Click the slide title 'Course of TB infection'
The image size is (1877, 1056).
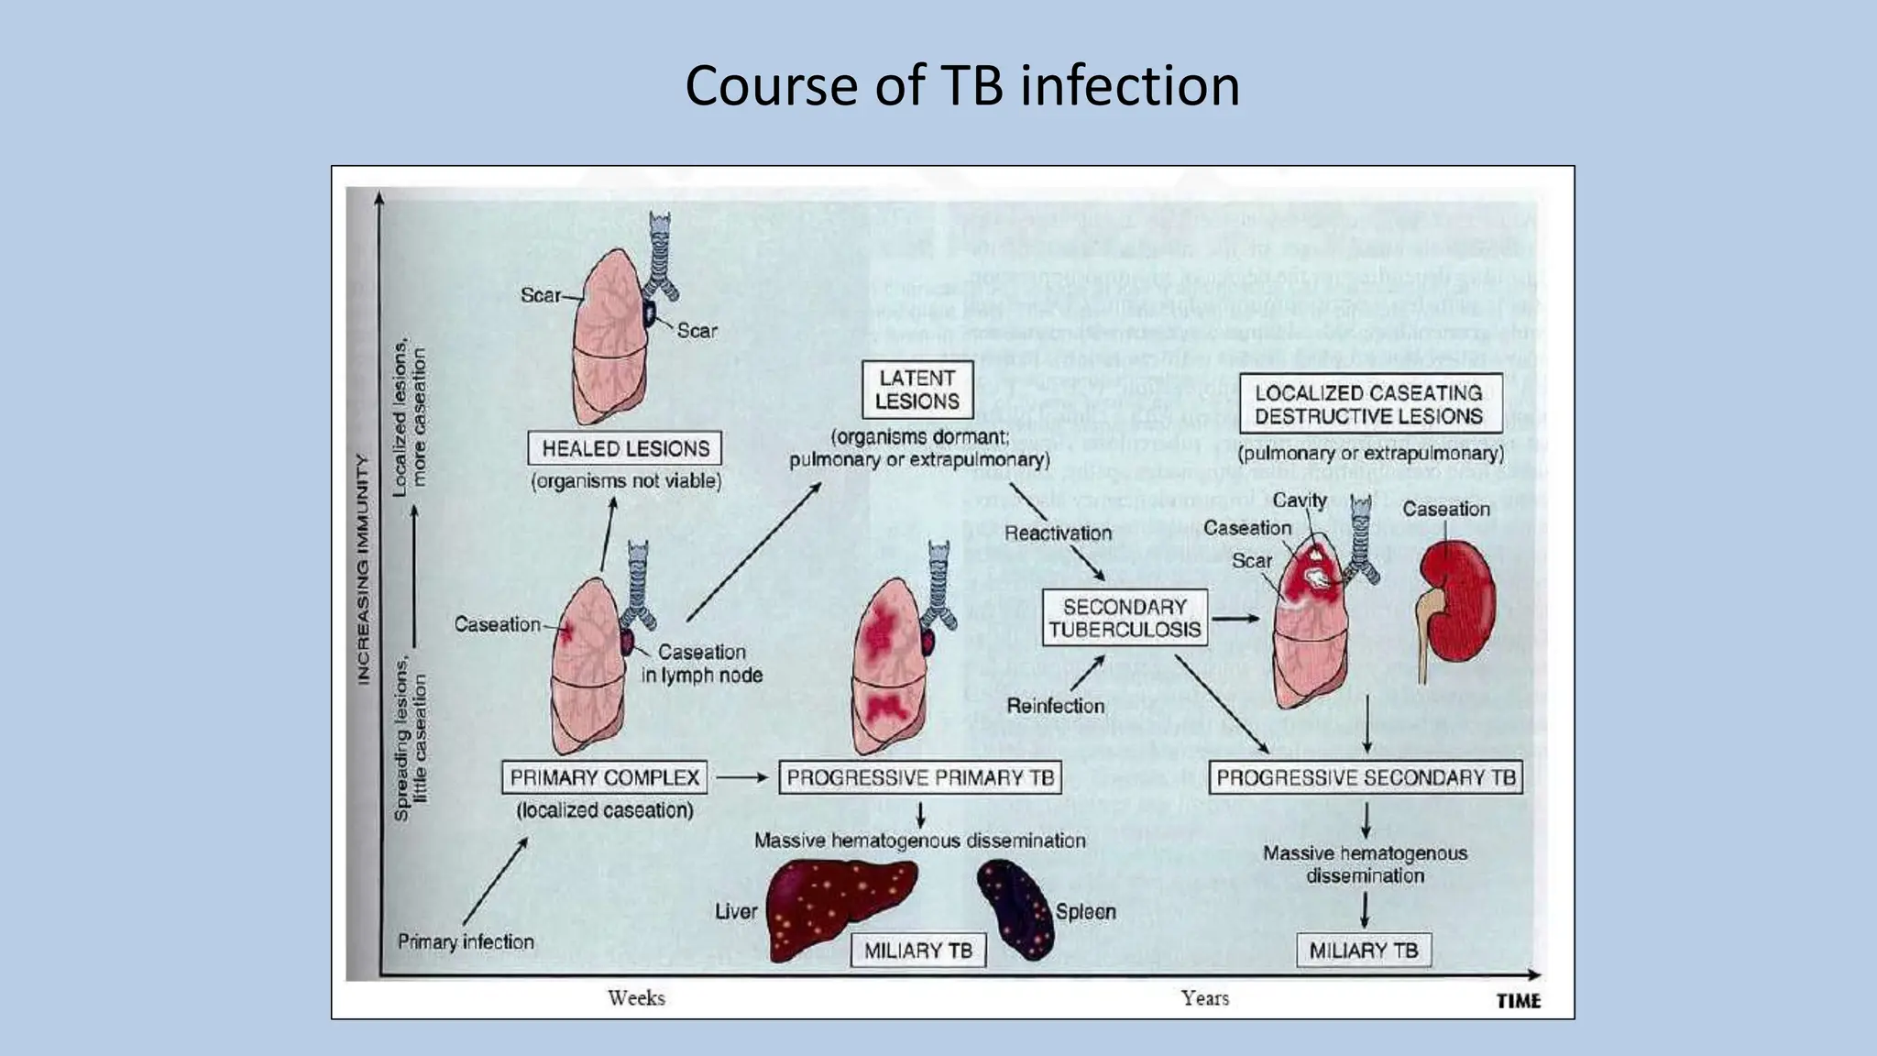[x=962, y=86]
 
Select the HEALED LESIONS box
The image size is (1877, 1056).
[x=625, y=448]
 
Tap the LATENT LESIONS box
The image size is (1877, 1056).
[x=917, y=390]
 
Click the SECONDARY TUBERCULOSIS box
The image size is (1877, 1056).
[x=1125, y=618]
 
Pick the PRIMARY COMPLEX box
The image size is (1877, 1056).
[x=605, y=777]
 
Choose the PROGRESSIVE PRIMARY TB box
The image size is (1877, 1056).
[x=920, y=777]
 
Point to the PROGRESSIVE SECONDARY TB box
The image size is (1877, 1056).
[x=1366, y=777]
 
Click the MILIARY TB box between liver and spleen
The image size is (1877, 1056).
[x=917, y=951]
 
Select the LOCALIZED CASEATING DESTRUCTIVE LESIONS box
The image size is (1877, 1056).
[x=1369, y=404]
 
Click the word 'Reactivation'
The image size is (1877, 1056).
[x=1058, y=533]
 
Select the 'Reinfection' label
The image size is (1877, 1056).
[x=1055, y=706]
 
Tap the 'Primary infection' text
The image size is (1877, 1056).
[x=466, y=941]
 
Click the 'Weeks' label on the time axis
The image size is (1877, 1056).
[x=636, y=997]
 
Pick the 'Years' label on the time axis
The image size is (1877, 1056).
[x=1204, y=997]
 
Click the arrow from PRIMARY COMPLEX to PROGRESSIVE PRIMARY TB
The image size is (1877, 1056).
[x=741, y=777]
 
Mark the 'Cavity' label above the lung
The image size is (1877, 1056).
[x=1300, y=500]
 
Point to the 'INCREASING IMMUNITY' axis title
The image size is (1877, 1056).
[x=364, y=568]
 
